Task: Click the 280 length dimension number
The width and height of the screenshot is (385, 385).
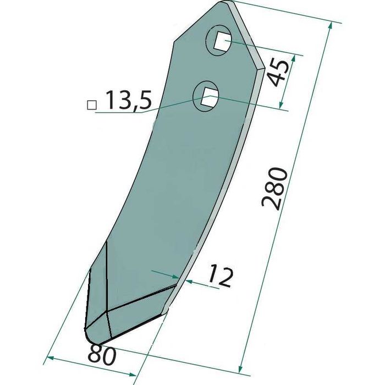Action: coord(274,189)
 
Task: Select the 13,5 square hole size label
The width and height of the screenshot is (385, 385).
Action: coord(128,100)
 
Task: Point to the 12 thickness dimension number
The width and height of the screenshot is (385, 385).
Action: coord(220,276)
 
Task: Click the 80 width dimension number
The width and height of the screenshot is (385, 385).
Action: coord(102,354)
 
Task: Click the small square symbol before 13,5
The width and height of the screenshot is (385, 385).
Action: coord(92,105)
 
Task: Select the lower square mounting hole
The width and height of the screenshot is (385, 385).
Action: coord(208,96)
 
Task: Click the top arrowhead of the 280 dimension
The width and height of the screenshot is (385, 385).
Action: coord(331,26)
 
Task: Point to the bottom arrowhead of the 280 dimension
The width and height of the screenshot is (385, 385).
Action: coord(241,369)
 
